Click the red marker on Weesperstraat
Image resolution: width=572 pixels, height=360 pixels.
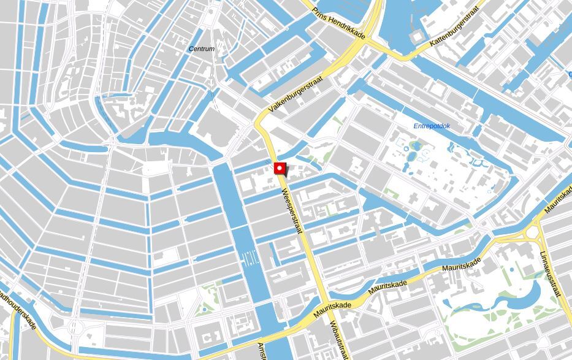[x=280, y=168]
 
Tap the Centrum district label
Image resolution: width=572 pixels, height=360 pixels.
[x=202, y=49]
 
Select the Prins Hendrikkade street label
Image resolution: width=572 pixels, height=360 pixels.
[x=338, y=23]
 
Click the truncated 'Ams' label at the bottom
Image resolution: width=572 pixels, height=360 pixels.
[x=262, y=350]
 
